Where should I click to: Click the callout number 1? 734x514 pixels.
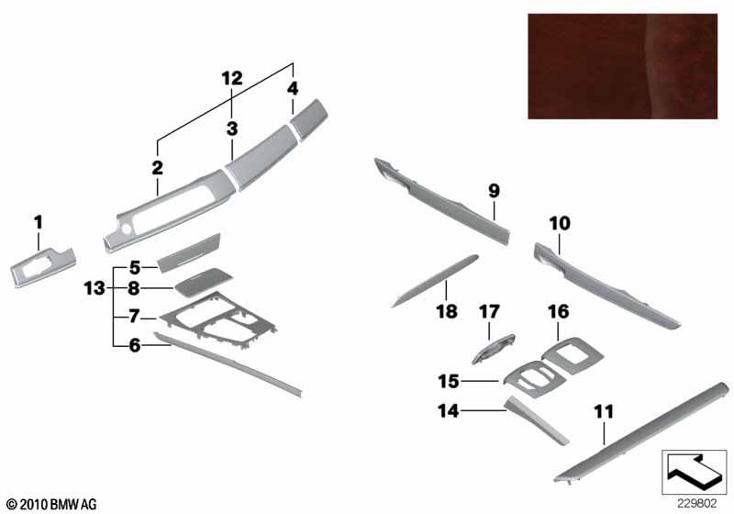click(x=39, y=222)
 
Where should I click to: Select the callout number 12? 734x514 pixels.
click(x=232, y=79)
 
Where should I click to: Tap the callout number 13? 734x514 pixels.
click(x=95, y=288)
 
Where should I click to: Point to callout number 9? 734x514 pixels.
click(x=494, y=191)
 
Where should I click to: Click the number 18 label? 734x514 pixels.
click(x=447, y=311)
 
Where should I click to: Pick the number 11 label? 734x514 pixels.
click(x=604, y=412)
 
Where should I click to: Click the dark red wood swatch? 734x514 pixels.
click(x=623, y=66)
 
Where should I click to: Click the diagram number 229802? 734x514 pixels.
click(x=697, y=504)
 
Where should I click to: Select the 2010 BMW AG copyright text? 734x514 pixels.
click(x=52, y=504)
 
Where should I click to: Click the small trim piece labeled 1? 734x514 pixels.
click(x=42, y=267)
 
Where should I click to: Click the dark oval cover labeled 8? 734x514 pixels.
click(x=204, y=283)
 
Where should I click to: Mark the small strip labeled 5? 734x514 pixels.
click(x=189, y=252)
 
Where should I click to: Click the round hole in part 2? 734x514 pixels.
click(x=126, y=229)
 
